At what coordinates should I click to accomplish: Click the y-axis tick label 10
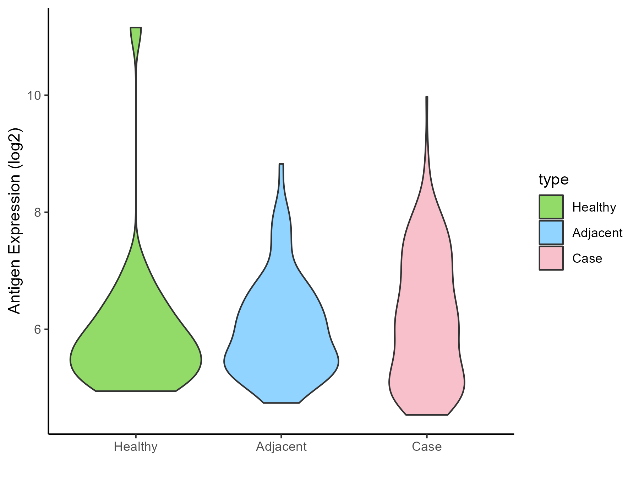click(34, 96)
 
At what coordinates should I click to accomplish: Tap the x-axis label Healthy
click(136, 447)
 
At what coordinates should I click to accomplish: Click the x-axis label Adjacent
click(281, 447)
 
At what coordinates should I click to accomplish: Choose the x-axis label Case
click(427, 447)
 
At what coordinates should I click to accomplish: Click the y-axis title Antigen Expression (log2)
click(15, 220)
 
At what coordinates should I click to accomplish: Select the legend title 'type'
click(553, 180)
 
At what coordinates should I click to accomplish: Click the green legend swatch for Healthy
click(551, 207)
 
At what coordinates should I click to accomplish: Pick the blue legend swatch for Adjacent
click(551, 233)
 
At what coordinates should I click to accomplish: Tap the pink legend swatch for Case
click(551, 258)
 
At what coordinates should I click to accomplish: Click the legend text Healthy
click(594, 207)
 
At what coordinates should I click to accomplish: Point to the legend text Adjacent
click(597, 233)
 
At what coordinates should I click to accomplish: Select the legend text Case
click(587, 258)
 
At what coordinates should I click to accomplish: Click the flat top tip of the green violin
click(136, 27)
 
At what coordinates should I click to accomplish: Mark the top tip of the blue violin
click(281, 164)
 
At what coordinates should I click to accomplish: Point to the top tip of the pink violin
click(427, 97)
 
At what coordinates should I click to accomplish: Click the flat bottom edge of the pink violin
click(427, 415)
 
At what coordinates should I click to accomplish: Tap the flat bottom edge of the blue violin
click(281, 403)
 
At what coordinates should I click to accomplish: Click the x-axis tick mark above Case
click(427, 436)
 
